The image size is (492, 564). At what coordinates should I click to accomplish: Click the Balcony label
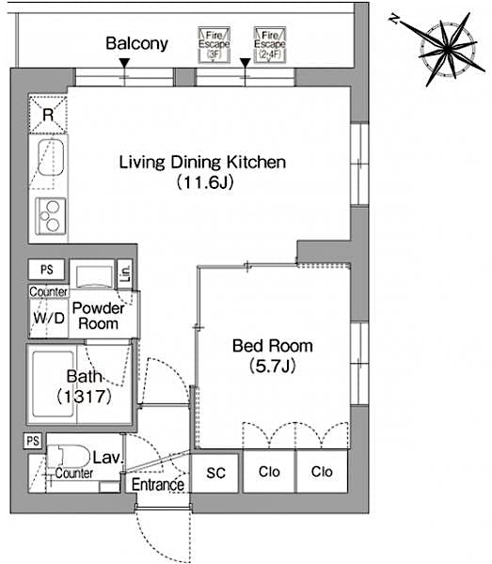pos(136,43)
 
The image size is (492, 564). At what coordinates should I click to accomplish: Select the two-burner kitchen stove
pos(48,217)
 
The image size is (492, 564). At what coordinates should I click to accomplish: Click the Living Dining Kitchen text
pos(201,163)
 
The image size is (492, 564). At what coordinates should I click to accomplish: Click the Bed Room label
pos(273,346)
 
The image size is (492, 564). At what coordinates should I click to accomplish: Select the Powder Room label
pos(99,316)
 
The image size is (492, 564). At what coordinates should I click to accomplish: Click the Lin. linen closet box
pos(125,274)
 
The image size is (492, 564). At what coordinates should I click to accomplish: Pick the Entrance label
pos(157,485)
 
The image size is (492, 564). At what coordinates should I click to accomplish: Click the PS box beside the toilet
pos(33,440)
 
